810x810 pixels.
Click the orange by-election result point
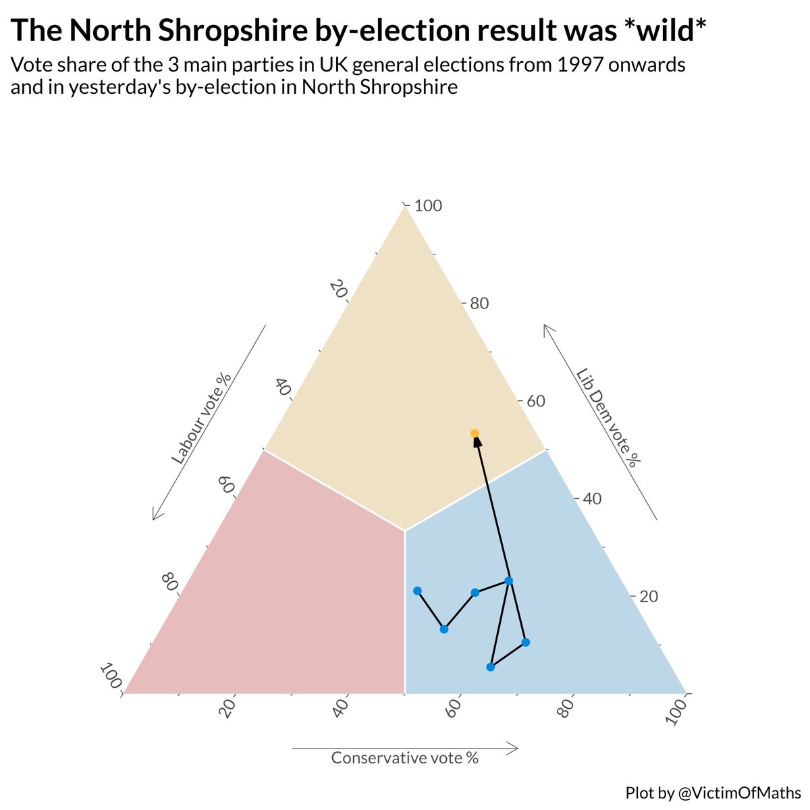[x=475, y=433]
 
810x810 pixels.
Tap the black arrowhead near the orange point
[x=477, y=442]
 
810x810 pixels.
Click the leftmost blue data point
[x=417, y=591]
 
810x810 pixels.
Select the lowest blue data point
[x=491, y=667]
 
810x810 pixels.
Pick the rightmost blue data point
[x=526, y=642]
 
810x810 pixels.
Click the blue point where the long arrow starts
[x=509, y=580]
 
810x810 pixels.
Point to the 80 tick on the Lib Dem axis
[x=479, y=304]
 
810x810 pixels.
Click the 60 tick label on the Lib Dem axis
[x=536, y=401]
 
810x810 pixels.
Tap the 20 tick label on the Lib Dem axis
[x=649, y=597]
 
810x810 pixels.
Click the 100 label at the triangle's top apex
[x=428, y=206]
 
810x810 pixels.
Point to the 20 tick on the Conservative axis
[x=227, y=708]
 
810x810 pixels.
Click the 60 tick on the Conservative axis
[x=453, y=708]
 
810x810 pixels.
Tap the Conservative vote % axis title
[x=405, y=758]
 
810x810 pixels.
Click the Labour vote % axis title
[x=201, y=419]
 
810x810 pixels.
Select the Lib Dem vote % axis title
[x=608, y=418]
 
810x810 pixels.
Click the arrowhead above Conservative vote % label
[x=513, y=748]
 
